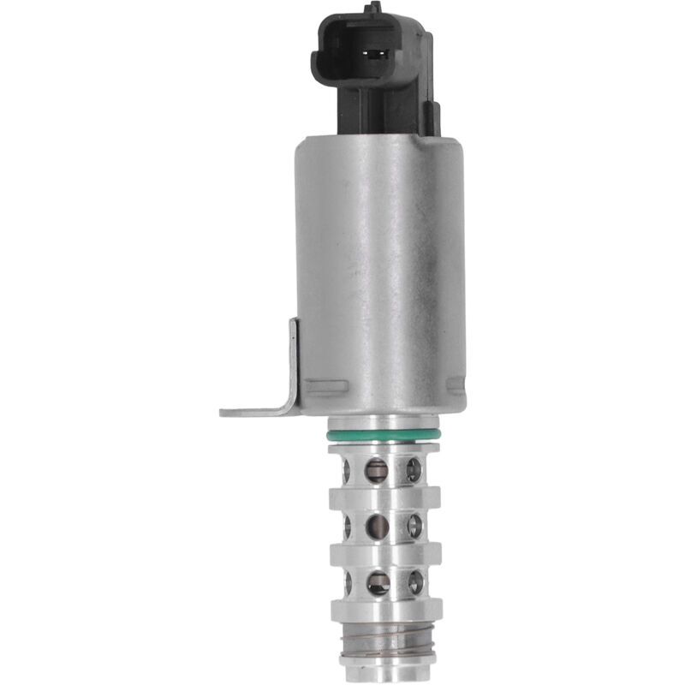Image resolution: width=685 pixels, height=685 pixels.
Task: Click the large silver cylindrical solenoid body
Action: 381,265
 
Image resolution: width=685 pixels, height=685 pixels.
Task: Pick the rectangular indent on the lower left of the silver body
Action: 328,385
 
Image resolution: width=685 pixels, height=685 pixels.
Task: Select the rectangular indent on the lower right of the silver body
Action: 454,385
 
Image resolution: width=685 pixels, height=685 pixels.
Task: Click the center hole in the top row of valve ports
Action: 377,468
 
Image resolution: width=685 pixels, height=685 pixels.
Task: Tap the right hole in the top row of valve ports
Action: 414,468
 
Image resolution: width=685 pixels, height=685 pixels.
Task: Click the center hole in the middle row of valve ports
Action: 377,525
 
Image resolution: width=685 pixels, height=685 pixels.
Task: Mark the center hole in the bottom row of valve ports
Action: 378,583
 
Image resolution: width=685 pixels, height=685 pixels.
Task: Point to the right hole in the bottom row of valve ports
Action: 415,583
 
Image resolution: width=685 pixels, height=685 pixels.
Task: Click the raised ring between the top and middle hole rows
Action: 384,497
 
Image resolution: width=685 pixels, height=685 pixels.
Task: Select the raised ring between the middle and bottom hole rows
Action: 384,554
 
